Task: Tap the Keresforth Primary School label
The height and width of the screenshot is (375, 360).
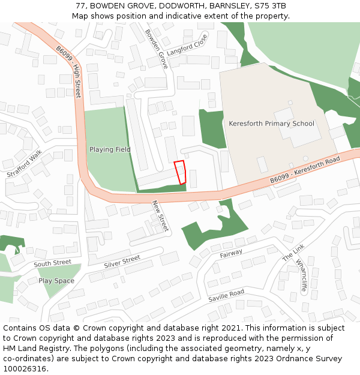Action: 271,124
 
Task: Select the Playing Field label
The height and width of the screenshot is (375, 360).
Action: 110,149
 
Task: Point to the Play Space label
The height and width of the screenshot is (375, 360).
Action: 56,281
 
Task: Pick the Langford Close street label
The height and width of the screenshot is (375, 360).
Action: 187,45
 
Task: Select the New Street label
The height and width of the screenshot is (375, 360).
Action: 160,216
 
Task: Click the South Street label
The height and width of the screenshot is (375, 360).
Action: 52,263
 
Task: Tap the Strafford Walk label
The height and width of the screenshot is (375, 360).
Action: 25,164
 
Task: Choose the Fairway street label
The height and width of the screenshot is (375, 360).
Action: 231,254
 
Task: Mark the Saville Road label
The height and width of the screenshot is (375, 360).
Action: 226,296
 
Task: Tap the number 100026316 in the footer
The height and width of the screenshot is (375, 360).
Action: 25,368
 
